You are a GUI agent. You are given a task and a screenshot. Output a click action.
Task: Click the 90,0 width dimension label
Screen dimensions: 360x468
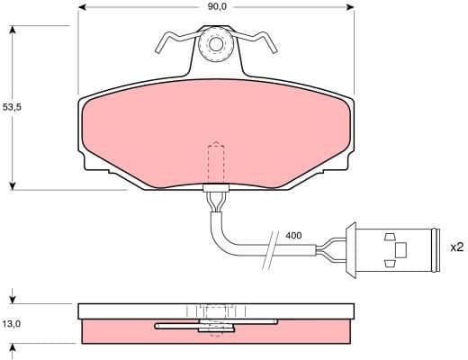click(x=216, y=7)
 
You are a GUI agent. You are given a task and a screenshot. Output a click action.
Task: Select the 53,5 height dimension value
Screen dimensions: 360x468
click(x=13, y=106)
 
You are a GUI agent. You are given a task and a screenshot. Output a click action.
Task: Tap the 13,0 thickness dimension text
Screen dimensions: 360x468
click(x=13, y=322)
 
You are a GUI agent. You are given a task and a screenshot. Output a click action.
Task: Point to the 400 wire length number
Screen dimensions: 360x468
click(x=293, y=236)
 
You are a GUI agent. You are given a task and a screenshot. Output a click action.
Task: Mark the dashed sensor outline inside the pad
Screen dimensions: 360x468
click(x=216, y=162)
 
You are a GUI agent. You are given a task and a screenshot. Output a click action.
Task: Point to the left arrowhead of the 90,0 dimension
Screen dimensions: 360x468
click(x=84, y=7)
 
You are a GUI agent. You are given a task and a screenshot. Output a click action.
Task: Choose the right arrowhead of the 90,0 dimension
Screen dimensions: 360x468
click(x=348, y=7)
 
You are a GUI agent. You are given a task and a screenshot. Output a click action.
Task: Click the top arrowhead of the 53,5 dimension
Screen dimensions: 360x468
click(x=13, y=31)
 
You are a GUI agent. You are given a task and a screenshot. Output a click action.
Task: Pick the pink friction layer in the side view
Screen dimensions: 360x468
click(x=117, y=333)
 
